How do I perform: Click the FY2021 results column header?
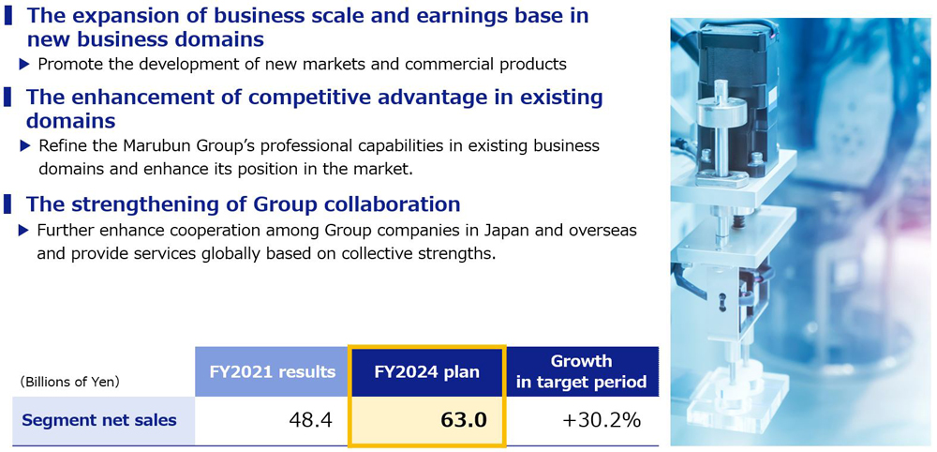coord(273,371)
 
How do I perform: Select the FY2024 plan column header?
coord(426,371)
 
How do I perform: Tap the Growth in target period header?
coord(582,371)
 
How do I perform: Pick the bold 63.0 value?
coord(464,420)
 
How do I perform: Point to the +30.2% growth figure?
coord(602,420)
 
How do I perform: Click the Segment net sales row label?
coord(99,420)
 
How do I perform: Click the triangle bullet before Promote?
coord(24,64)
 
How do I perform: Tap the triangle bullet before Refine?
coord(24,145)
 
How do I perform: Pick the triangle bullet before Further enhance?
coord(24,230)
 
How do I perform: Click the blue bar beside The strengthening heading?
coord(7,203)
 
